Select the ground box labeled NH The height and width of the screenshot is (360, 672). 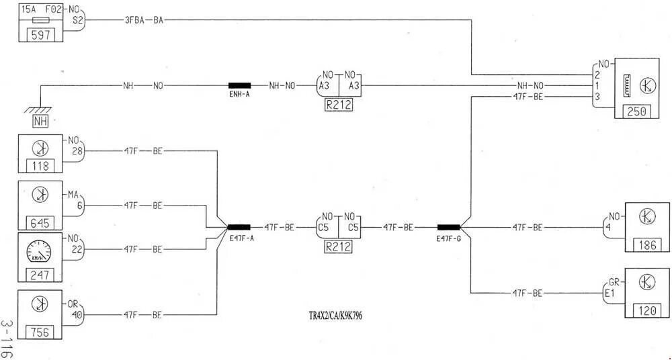tap(42, 122)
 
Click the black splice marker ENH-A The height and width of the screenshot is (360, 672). tap(239, 86)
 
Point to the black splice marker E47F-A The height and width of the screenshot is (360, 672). tap(239, 227)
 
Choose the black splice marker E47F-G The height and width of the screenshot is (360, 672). tap(448, 227)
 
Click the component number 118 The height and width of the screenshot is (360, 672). tap(40, 166)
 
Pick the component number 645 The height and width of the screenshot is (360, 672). tap(40, 222)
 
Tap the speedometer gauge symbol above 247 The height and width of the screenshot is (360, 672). tap(40, 253)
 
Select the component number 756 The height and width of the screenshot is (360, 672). tap(40, 332)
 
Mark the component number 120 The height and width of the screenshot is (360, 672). tap(647, 310)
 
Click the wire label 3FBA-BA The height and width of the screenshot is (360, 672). tap(144, 19)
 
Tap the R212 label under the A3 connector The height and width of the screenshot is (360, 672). tap(339, 105)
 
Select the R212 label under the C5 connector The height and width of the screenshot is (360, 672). tap(339, 246)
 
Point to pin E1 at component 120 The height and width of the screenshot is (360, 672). tap(610, 294)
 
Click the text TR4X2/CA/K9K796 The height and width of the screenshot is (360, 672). tap(338, 314)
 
